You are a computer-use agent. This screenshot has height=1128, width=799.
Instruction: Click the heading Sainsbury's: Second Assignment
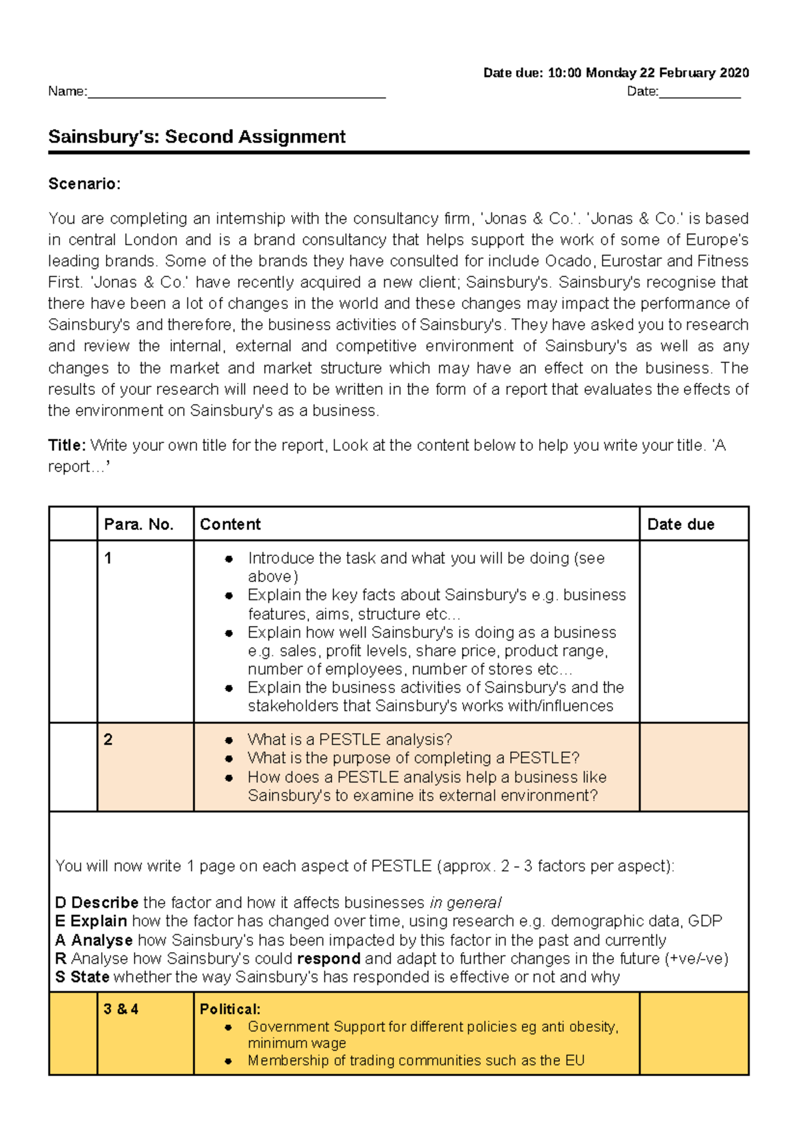(196, 137)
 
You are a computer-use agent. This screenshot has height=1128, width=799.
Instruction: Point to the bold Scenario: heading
(85, 184)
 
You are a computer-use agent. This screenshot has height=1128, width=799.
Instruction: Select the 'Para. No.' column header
(138, 525)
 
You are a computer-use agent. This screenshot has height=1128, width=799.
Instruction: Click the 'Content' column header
(230, 525)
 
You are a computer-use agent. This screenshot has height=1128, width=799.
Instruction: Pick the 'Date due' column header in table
(680, 525)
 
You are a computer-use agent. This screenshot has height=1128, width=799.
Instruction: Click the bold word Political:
(230, 1009)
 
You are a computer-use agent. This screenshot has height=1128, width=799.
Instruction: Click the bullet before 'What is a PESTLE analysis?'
(229, 740)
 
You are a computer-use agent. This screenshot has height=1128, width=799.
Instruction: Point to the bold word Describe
(105, 903)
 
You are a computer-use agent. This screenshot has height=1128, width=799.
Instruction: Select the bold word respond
(328, 959)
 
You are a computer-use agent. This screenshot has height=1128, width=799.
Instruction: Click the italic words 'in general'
(465, 903)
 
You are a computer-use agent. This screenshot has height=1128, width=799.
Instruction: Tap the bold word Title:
(67, 445)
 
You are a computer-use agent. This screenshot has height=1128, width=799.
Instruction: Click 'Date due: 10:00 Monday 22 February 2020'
(616, 73)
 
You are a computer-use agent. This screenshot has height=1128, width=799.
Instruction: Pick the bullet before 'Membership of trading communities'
(229, 1061)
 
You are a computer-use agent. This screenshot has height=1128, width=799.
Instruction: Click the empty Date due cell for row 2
(694, 767)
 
